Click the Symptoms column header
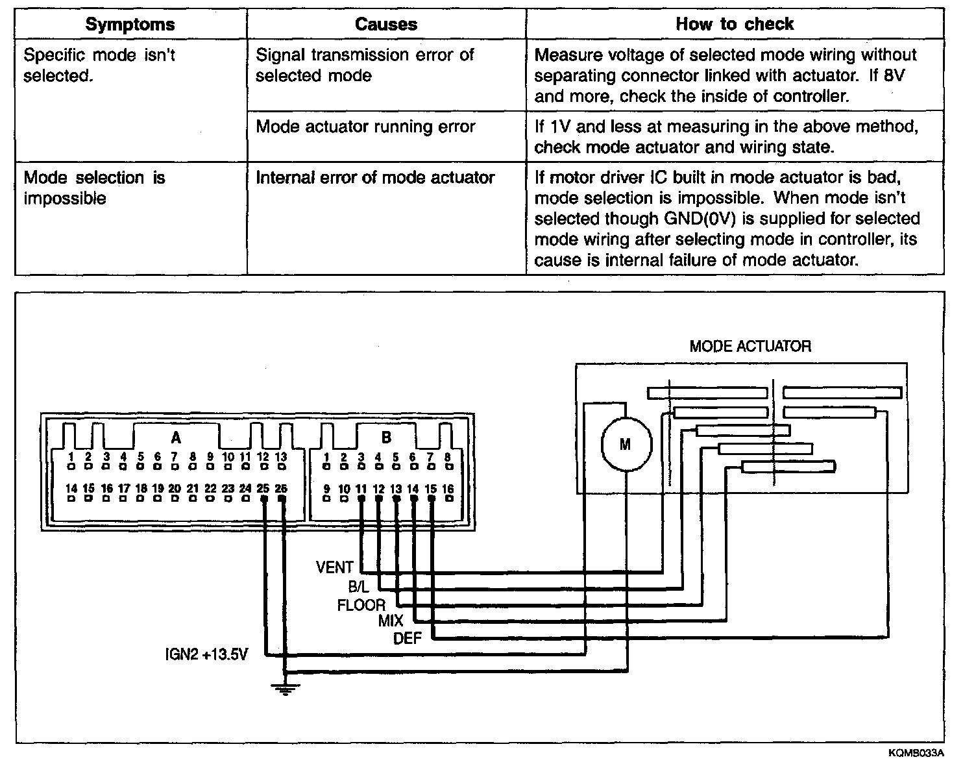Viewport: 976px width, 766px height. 130,25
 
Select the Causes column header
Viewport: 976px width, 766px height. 386,25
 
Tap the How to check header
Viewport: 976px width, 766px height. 735,25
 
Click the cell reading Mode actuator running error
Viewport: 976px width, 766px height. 365,127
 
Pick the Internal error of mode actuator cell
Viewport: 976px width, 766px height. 375,178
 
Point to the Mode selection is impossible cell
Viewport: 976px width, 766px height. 94,188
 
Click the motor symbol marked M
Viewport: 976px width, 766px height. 625,445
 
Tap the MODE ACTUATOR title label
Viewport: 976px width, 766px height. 750,346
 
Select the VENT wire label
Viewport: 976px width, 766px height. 334,568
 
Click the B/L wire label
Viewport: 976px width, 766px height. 358,587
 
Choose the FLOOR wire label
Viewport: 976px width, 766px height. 361,606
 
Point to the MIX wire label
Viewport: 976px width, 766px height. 391,621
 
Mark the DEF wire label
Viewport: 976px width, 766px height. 408,639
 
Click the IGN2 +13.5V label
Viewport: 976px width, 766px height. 206,654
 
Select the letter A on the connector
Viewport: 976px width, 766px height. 176,438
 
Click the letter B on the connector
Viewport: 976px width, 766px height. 386,438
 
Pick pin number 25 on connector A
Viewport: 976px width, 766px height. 263,488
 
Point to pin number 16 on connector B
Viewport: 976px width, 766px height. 448,489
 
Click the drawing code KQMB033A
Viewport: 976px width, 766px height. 916,754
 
